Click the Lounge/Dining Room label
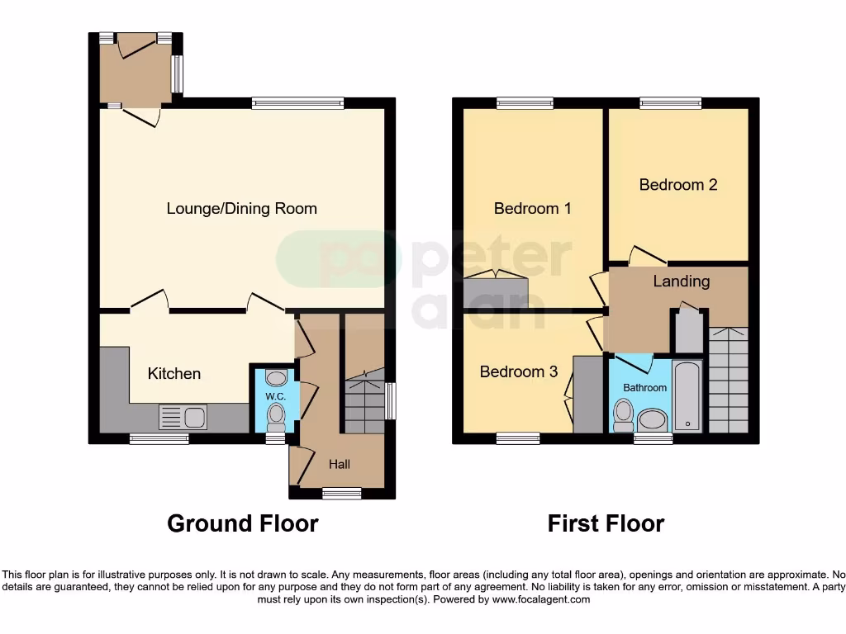[241, 208]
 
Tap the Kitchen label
[173, 373]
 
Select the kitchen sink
[183, 417]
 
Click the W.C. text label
[274, 396]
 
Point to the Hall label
[340, 464]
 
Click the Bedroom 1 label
[532, 208]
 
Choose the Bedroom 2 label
[678, 184]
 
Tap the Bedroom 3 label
[519, 371]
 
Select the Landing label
[681, 281]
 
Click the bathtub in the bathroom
[687, 395]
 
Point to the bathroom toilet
[623, 413]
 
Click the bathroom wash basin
[653, 419]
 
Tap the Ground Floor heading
[242, 523]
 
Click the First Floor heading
[606, 523]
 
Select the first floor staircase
[728, 380]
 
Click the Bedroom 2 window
[670, 103]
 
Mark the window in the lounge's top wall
[297, 103]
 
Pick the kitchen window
[159, 439]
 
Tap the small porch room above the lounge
[135, 73]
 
